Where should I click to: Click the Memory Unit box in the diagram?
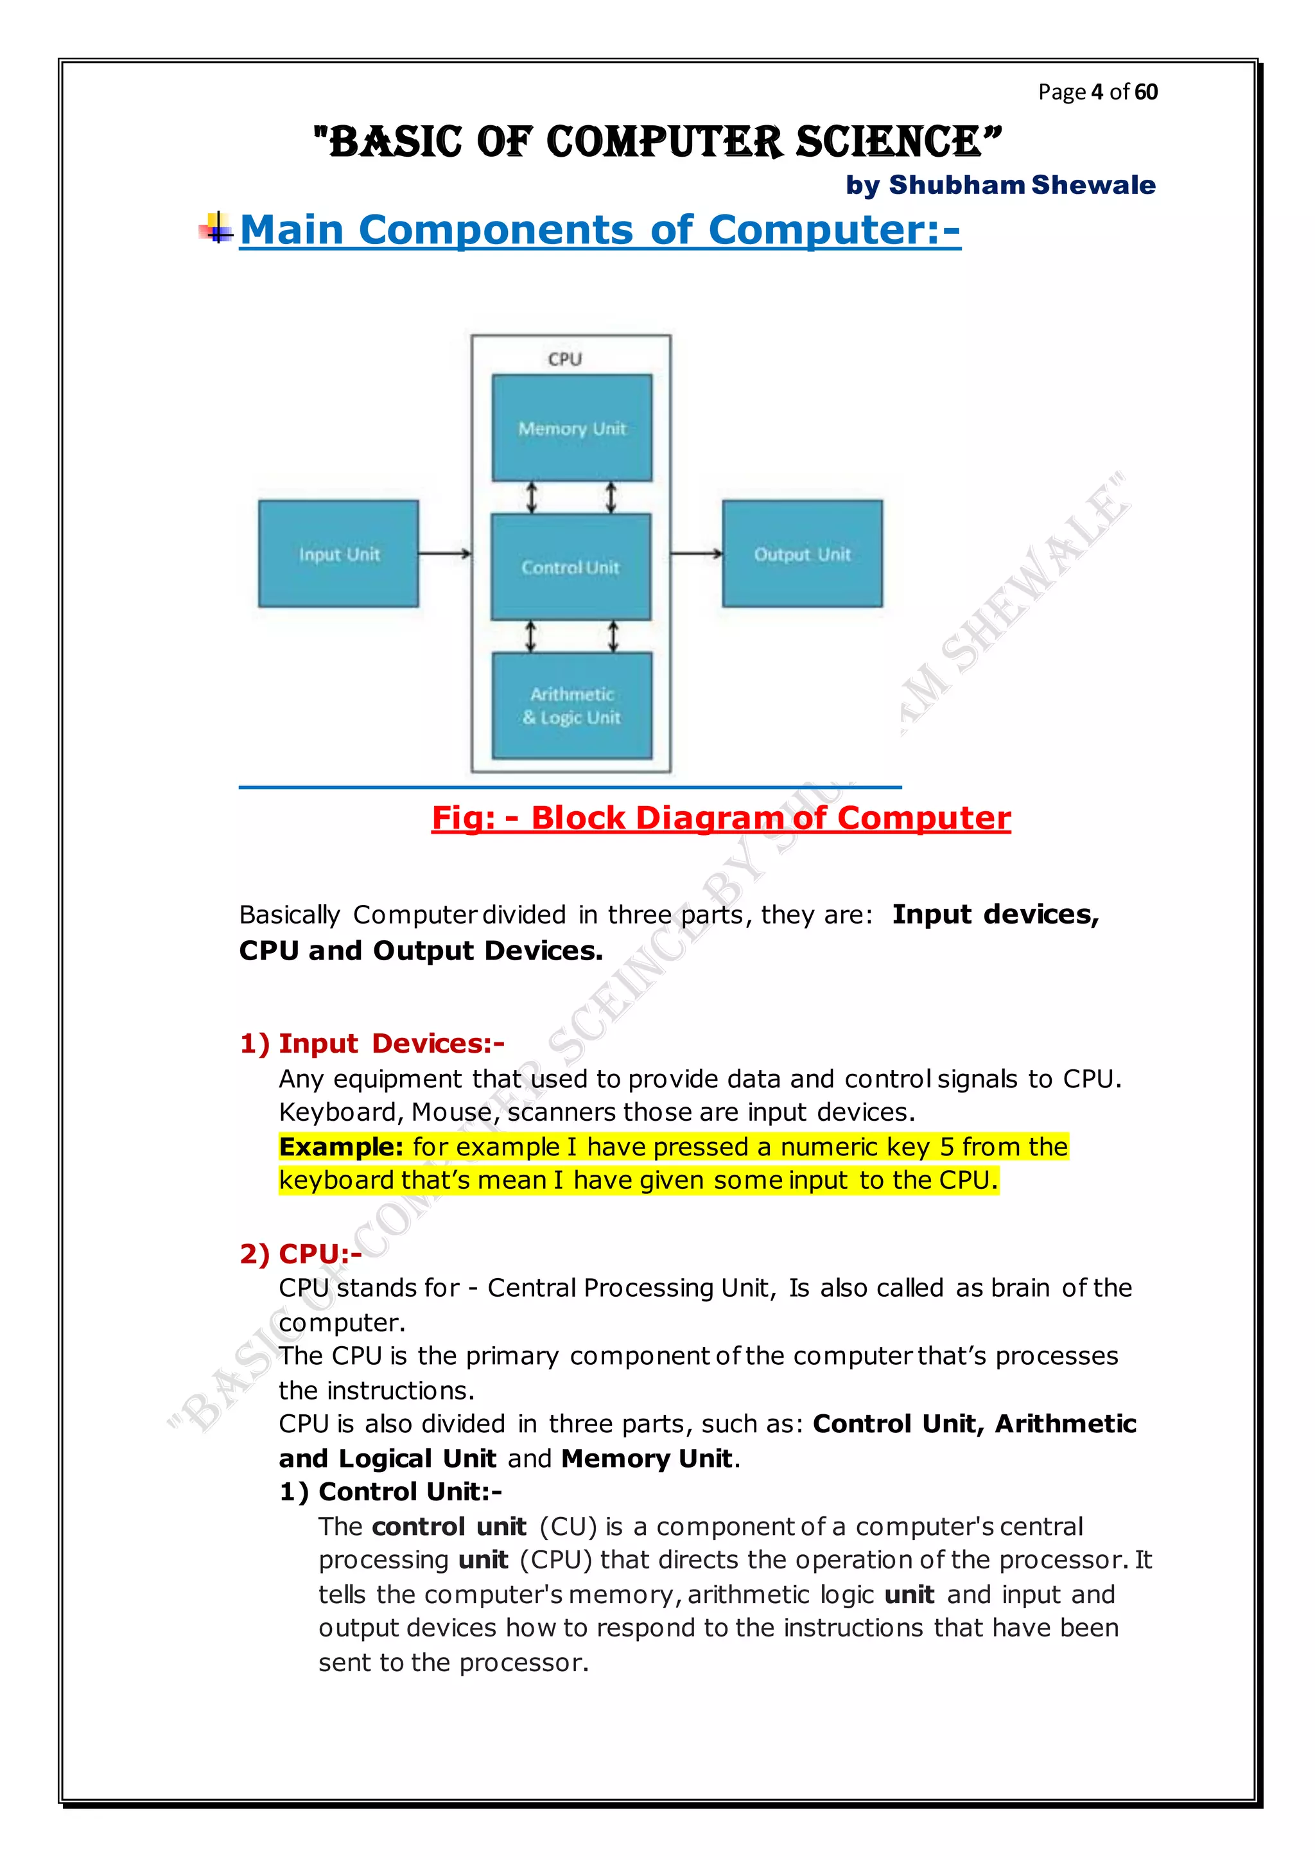pos(571,428)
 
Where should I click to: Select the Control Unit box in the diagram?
pos(571,567)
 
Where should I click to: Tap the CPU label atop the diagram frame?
pos(564,359)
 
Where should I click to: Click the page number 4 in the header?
pos(1097,92)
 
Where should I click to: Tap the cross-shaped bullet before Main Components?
pos(216,229)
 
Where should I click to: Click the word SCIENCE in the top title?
pos(898,142)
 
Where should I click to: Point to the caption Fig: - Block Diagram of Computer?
pos(720,818)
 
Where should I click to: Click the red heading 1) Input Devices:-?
pos(372,1044)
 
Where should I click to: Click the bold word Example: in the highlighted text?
pos(341,1147)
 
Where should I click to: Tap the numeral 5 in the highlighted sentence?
pos(946,1147)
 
